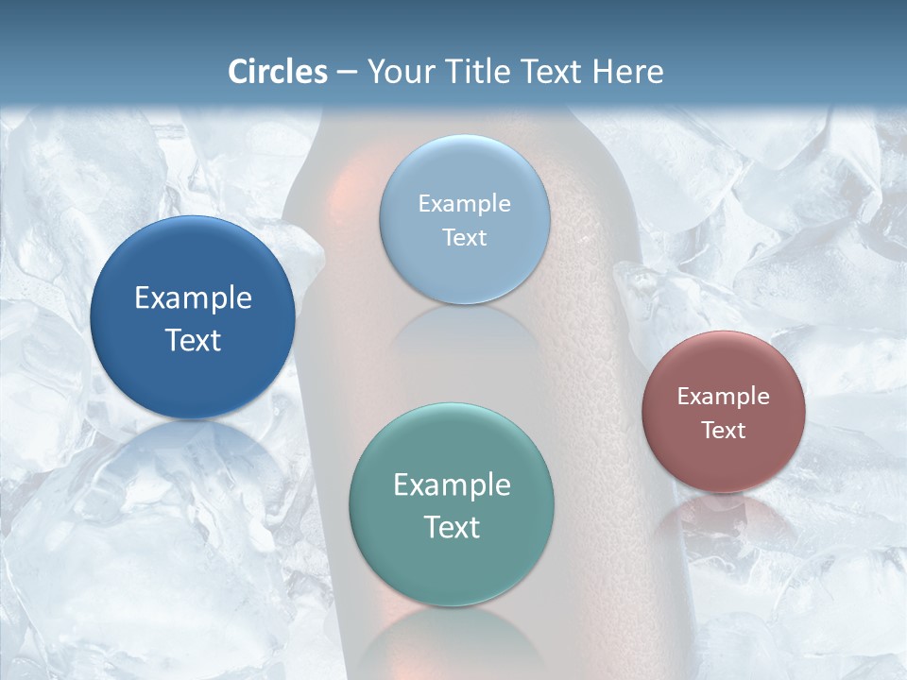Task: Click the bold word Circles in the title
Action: click(x=278, y=72)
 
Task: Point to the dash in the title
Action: click(x=347, y=73)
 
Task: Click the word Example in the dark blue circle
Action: click(x=193, y=298)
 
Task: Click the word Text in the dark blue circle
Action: click(x=193, y=340)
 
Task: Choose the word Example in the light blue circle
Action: click(x=465, y=204)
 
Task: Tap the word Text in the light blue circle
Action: click(x=465, y=238)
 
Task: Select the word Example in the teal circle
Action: click(x=452, y=485)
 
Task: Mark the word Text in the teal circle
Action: click(x=452, y=527)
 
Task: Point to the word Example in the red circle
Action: click(x=724, y=397)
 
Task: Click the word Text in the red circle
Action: click(x=724, y=431)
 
